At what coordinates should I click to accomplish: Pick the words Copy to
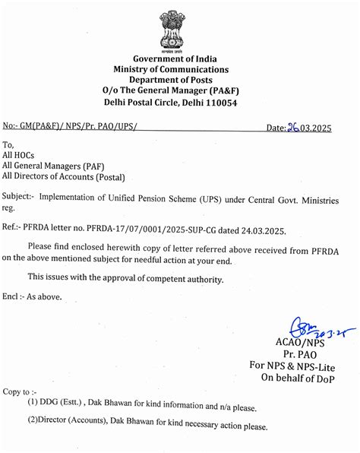click(x=17, y=391)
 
